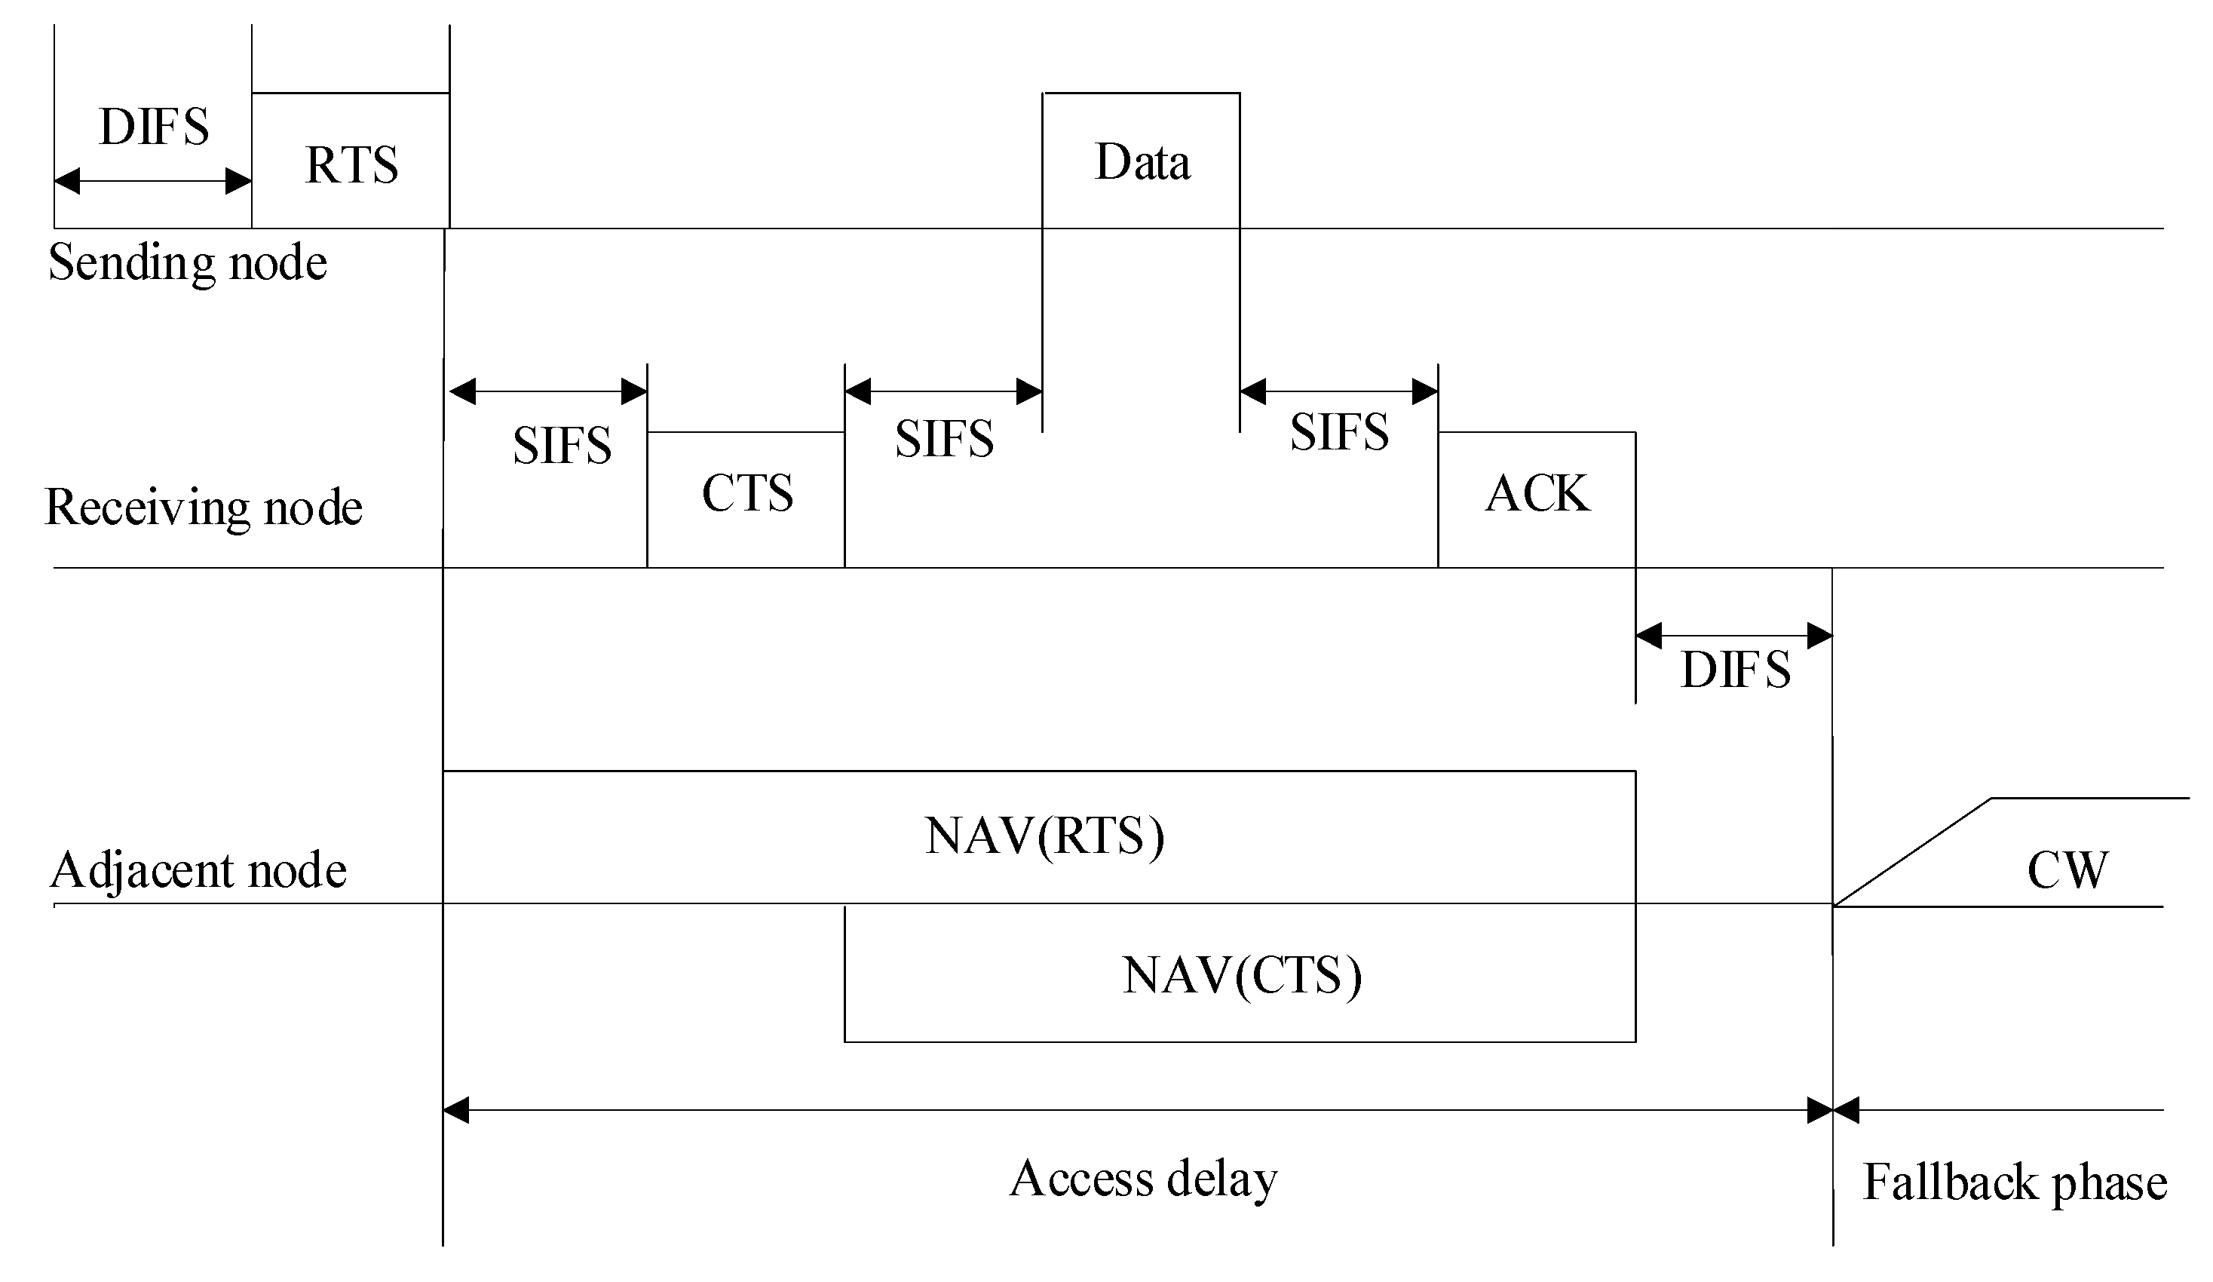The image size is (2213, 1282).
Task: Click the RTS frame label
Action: point(351,165)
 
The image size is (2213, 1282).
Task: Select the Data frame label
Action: point(1142,162)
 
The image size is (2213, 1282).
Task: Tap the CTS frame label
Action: point(747,492)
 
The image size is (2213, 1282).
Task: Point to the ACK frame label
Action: point(1537,492)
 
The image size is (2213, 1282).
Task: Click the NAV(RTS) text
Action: point(1044,835)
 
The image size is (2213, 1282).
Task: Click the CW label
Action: point(2067,870)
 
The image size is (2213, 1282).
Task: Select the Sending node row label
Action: point(187,262)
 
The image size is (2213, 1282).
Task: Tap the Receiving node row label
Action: point(203,508)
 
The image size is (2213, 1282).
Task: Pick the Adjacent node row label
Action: point(198,870)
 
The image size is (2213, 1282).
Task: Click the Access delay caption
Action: point(1142,1179)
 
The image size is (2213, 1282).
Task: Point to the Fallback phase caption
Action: point(2015,1182)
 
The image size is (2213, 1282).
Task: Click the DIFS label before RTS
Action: point(154,127)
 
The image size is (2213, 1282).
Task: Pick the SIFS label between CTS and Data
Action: point(944,439)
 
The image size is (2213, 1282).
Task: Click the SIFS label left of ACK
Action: point(1339,432)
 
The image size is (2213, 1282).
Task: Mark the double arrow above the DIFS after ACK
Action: point(1733,635)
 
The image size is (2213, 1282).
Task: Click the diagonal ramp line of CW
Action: point(1913,851)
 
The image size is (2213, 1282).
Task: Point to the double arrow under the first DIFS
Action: point(154,182)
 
